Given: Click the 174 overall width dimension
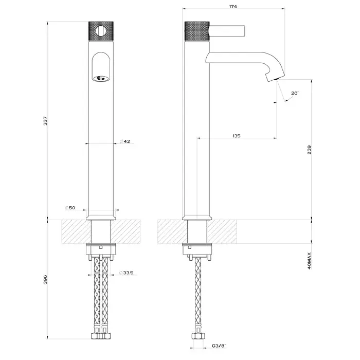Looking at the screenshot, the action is point(233,6).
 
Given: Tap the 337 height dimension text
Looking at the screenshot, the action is point(45,121).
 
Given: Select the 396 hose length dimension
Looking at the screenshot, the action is point(45,279).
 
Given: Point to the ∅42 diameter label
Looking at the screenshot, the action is point(125,141).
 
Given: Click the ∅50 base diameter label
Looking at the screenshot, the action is point(70,208).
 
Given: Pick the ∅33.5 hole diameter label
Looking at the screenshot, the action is point(127,273).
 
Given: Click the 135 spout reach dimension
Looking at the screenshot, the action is point(237,136).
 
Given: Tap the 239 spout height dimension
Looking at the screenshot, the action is point(309,150).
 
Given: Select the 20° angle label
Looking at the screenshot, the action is point(295,93).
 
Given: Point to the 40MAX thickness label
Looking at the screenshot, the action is point(309,261).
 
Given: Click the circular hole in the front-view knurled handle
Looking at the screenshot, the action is point(101,31).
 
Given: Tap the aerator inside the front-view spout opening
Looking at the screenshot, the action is point(101,79).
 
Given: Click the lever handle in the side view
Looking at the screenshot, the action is point(227,31).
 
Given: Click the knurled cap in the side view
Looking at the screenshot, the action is point(197,31).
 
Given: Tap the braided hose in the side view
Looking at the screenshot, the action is point(197,295).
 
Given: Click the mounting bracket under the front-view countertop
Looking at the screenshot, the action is point(101,252).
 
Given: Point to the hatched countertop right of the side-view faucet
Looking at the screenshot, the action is point(222,231).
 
